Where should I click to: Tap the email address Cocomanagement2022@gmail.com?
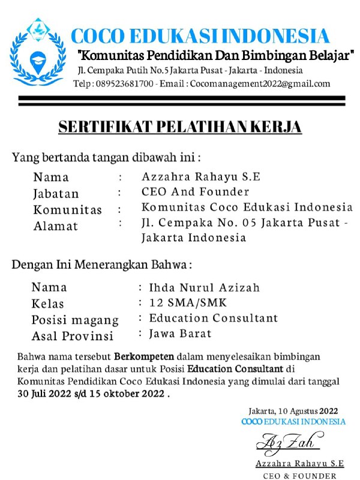pyautogui.click(x=260, y=84)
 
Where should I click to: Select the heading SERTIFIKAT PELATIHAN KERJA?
pyautogui.click(x=179, y=127)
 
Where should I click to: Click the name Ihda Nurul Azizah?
pyautogui.click(x=205, y=287)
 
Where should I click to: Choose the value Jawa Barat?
pyautogui.click(x=180, y=332)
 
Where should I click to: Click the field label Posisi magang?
pyautogui.click(x=75, y=320)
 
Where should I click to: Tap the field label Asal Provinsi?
pyautogui.click(x=72, y=335)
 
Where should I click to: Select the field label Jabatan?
pyautogui.click(x=56, y=194)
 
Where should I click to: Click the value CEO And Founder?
pyautogui.click(x=195, y=192)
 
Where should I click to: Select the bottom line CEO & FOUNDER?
pyautogui.click(x=299, y=475)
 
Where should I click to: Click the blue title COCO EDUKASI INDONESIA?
pyautogui.click(x=200, y=36)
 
